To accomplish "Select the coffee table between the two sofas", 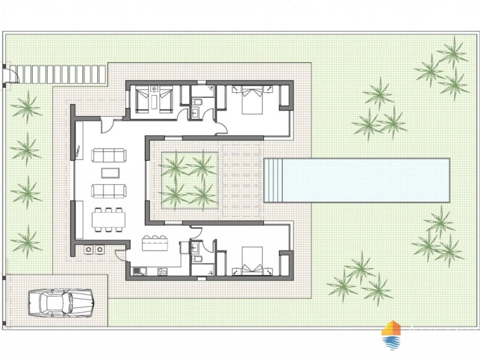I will pos(111,173).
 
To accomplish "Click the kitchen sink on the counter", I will pos(137,270).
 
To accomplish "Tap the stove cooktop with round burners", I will pos(162,270).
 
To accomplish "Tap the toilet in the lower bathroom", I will pos(196,259).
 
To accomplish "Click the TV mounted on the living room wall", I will pos(77,152).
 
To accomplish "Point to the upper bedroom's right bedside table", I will pos(269,88).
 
